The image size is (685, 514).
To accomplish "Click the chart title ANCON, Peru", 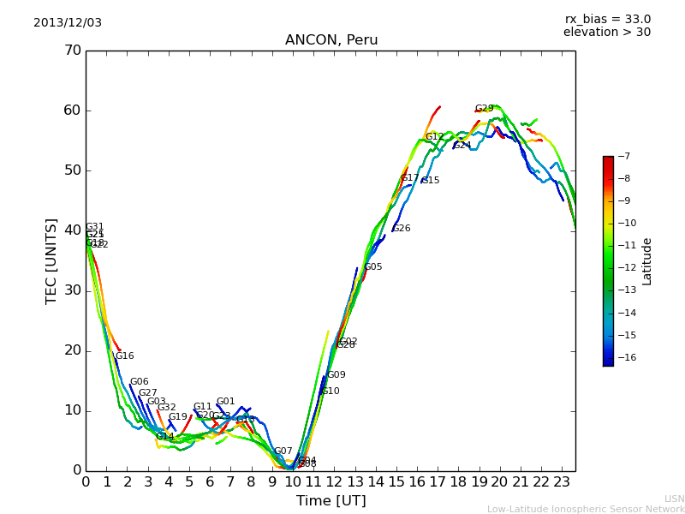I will click(x=331, y=40).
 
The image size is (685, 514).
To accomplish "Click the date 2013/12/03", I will click(x=68, y=23).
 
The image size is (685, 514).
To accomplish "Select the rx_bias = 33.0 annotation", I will click(x=607, y=19).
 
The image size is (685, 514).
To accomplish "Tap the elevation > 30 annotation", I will click(x=606, y=33).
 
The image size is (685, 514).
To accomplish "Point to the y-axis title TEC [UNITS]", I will click(x=51, y=260).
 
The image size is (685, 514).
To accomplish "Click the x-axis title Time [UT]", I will click(x=331, y=500).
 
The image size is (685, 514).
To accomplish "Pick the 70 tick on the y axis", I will click(x=72, y=51).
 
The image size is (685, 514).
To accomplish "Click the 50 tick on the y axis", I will click(x=72, y=170).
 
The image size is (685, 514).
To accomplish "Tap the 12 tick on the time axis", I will click(x=334, y=481).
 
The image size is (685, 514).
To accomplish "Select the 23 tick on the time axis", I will click(x=562, y=481).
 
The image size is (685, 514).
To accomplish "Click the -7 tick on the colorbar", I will click(x=623, y=157).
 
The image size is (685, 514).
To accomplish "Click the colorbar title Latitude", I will click(x=647, y=261).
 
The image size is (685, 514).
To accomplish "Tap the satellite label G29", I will click(x=485, y=109).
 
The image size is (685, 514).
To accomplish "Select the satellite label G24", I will click(x=462, y=146).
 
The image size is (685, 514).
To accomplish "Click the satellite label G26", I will click(x=402, y=229).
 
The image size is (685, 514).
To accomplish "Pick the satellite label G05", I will click(x=373, y=267).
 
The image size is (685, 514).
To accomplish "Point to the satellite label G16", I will click(x=125, y=356).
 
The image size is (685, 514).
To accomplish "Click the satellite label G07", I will click(x=283, y=451).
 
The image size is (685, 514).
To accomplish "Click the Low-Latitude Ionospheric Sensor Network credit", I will click(x=586, y=509).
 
